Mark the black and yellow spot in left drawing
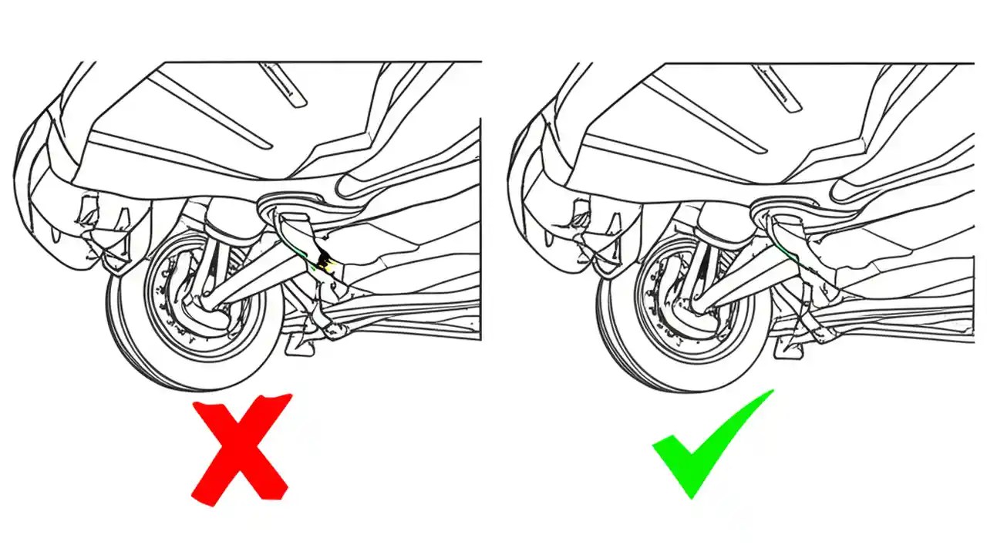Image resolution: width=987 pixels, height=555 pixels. click(x=327, y=264)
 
